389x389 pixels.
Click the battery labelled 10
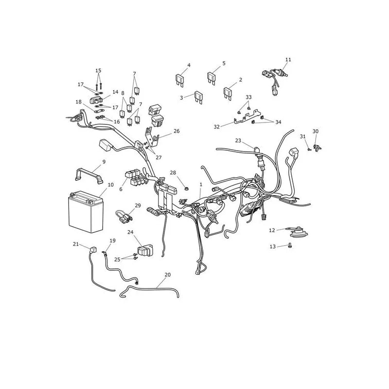(86, 212)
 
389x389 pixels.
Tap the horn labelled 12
(297, 232)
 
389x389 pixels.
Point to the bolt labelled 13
(290, 246)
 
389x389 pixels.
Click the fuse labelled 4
(180, 80)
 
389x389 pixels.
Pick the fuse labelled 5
(212, 78)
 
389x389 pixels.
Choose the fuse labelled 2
(228, 93)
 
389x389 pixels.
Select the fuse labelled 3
(199, 97)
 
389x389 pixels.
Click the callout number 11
(288, 59)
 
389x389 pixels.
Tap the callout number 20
(168, 275)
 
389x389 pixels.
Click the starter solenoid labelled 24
(145, 250)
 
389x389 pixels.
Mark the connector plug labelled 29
(124, 215)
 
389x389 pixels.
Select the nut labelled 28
(186, 190)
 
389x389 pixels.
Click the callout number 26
(177, 131)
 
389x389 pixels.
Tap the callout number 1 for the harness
(201, 185)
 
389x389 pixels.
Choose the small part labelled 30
(318, 148)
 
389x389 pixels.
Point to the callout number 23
(238, 141)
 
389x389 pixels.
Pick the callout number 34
(278, 122)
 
